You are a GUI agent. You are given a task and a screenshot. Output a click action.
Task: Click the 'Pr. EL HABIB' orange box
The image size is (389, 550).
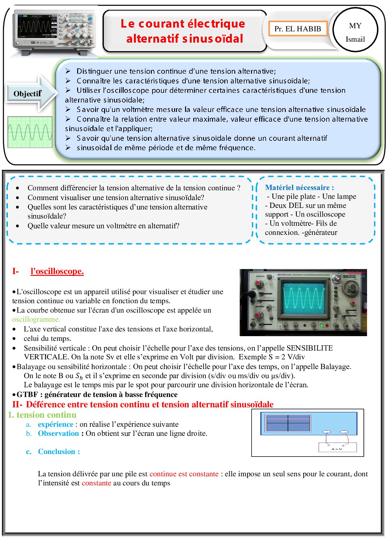click(x=298, y=29)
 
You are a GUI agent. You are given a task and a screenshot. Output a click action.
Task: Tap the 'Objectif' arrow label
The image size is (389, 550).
click(x=28, y=93)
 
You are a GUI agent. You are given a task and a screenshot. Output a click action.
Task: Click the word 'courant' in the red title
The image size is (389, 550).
click(x=161, y=24)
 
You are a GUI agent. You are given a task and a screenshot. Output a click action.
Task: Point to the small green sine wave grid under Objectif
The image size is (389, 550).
click(x=30, y=132)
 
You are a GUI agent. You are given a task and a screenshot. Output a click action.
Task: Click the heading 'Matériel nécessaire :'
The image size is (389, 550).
click(x=299, y=188)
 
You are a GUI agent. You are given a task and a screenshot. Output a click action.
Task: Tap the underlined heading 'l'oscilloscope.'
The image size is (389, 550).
click(x=57, y=271)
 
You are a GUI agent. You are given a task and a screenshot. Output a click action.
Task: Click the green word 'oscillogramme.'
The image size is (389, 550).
click(x=36, y=319)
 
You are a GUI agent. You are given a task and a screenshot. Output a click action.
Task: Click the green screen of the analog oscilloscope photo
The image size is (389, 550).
click(x=303, y=298)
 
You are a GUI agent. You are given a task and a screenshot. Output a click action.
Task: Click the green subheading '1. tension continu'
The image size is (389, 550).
click(x=42, y=415)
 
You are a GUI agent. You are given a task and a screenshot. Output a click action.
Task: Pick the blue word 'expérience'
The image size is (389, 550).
click(x=56, y=424)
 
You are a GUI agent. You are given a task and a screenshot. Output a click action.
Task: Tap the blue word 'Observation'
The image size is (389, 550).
click(x=58, y=433)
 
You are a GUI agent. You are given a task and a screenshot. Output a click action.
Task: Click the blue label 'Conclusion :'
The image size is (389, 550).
click(x=59, y=452)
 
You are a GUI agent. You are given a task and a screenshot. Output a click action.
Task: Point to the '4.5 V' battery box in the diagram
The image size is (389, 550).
click(x=338, y=447)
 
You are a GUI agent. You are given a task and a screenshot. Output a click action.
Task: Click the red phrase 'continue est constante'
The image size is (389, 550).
click(x=184, y=474)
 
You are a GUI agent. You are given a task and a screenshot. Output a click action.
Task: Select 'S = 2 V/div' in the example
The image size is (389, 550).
click(x=286, y=357)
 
